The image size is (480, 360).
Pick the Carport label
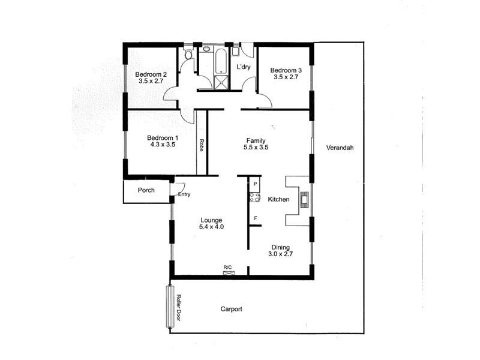point(231,310)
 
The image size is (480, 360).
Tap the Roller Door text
point(178,307)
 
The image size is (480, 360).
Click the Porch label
point(146,190)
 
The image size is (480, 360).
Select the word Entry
point(184,194)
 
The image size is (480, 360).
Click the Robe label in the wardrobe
point(201,146)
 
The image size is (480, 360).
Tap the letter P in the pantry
point(255,184)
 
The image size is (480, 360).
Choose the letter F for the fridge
point(256,218)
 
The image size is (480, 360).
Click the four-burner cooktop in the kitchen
point(254,198)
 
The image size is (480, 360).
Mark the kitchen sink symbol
point(303,199)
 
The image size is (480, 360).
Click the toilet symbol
point(188,56)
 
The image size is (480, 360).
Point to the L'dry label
point(243,67)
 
